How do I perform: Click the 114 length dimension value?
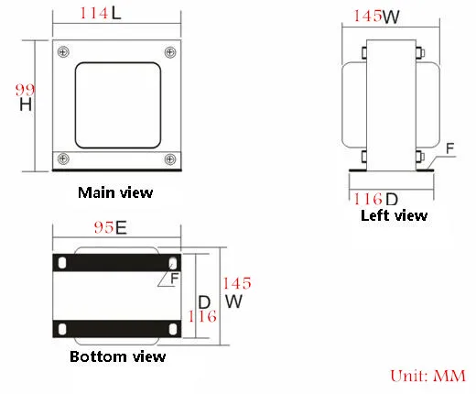(94, 13)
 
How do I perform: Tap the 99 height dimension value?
(25, 90)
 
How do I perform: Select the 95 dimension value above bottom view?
(103, 227)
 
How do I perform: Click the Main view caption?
(115, 192)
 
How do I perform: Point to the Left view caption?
(394, 215)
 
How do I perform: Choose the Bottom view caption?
(117, 356)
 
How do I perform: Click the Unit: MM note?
(428, 376)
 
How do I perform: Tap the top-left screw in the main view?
(63, 51)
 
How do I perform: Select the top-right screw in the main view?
(170, 52)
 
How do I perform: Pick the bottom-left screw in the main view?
(63, 159)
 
